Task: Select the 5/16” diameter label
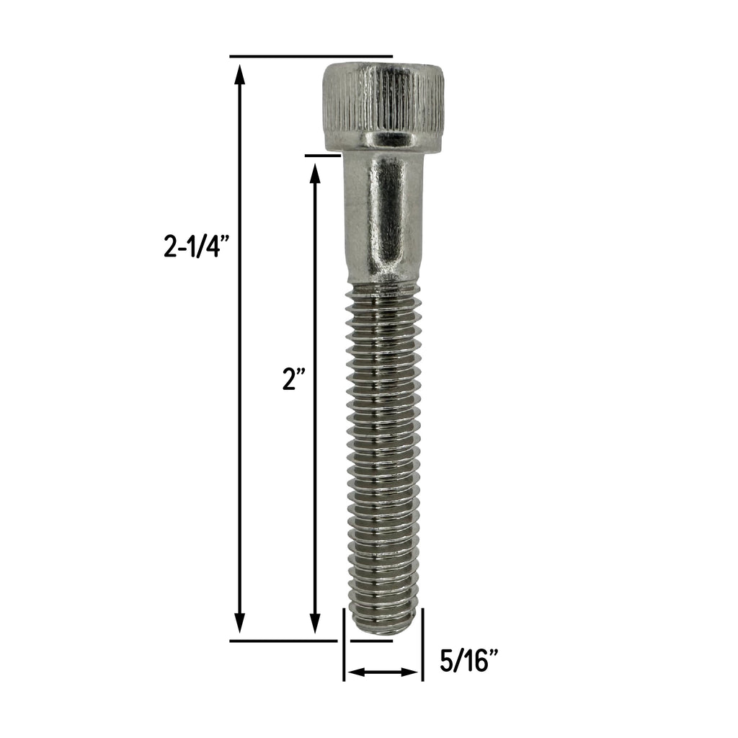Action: pos(469,661)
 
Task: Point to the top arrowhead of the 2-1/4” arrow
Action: pos(240,72)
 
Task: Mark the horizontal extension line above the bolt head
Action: pos(311,56)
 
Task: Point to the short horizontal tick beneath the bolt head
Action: pos(322,154)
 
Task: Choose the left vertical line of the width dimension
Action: pos(344,645)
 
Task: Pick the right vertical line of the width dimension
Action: pos(422,645)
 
